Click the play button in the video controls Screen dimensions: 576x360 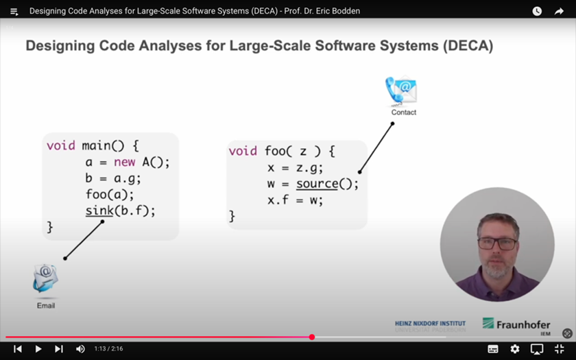coord(38,348)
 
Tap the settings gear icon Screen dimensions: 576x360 coord(515,348)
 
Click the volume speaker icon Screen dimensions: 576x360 coord(80,348)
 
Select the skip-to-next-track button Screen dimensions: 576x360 coord(59,348)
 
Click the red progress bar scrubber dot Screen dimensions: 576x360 coord(312,337)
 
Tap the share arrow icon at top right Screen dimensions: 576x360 coord(559,11)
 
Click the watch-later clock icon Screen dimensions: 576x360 coord(537,11)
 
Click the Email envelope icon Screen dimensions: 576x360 coord(45,278)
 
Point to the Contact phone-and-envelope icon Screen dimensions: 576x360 coord(400,90)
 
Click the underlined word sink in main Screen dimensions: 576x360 coord(99,211)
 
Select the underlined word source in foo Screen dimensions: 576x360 coord(317,184)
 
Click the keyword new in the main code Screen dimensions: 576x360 coord(125,162)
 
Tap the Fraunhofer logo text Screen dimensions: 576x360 coord(523,325)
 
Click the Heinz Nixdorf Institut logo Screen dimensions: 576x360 coord(430,326)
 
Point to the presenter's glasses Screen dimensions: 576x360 coord(497,243)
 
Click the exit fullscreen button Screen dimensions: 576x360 coord(559,348)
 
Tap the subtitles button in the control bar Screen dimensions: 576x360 coord(493,348)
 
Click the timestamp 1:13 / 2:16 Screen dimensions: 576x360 coord(108,348)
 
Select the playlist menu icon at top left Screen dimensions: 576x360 coord(14,12)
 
